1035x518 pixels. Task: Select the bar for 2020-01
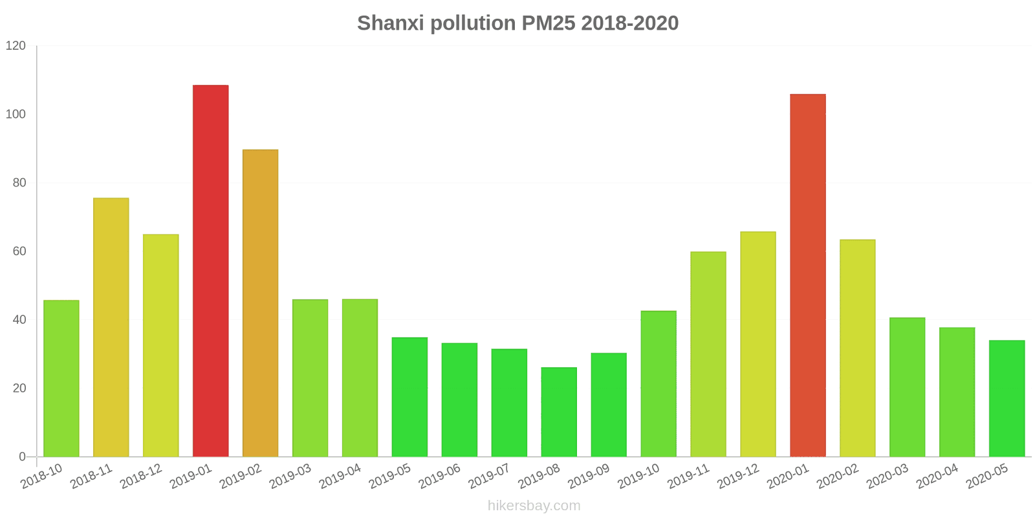click(807, 275)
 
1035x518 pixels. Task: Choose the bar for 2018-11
click(111, 327)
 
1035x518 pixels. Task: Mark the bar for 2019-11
click(708, 354)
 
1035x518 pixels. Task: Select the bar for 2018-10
click(61, 378)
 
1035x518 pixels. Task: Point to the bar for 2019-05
click(409, 397)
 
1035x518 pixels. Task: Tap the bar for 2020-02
click(857, 348)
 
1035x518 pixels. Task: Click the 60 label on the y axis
click(19, 251)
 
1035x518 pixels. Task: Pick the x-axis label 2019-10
click(638, 477)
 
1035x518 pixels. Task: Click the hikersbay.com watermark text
click(534, 506)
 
